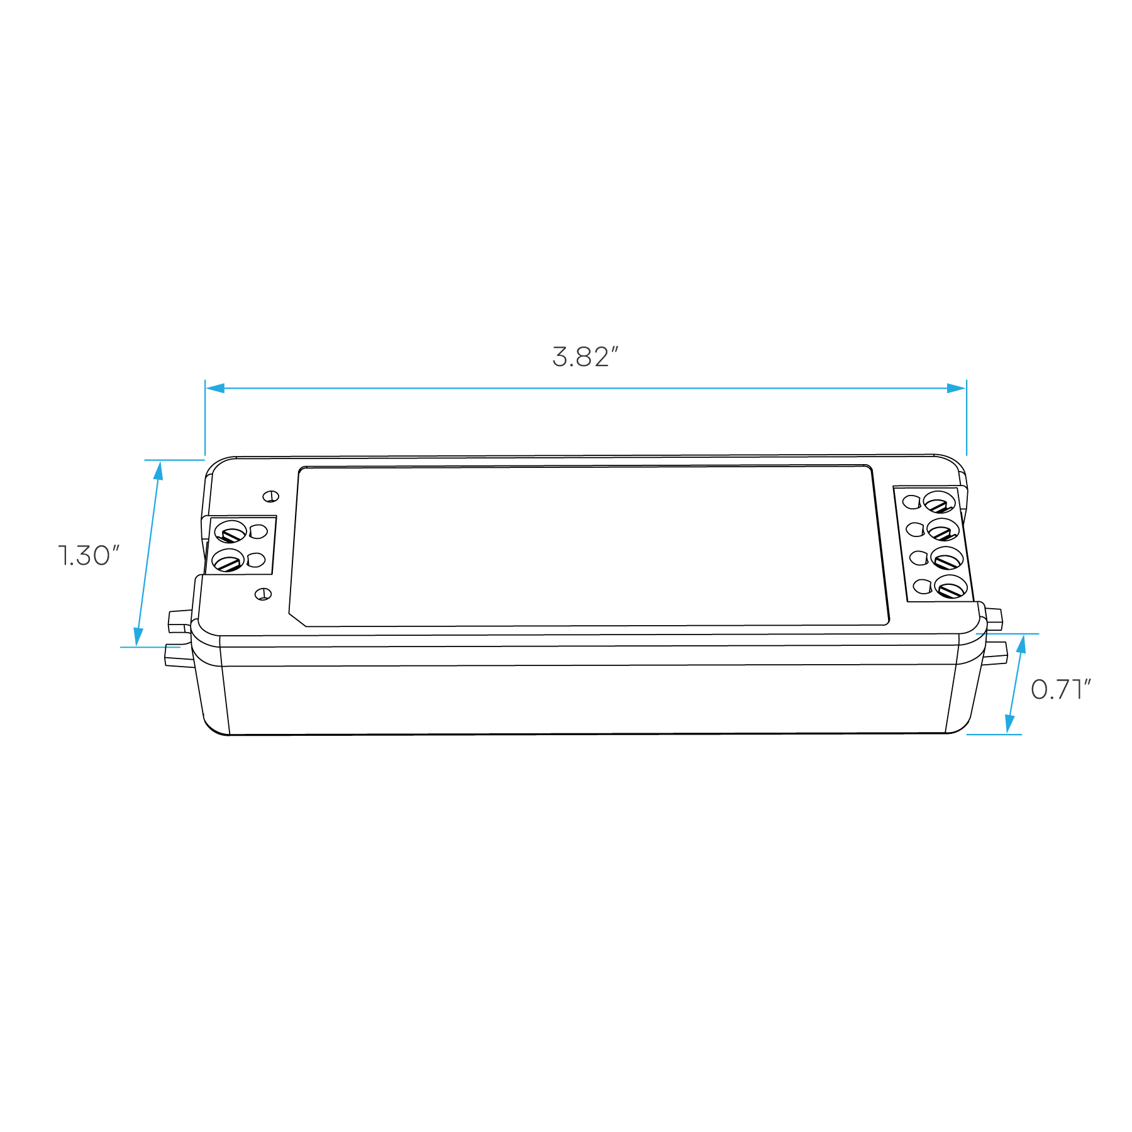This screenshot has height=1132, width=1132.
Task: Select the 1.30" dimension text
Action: click(89, 556)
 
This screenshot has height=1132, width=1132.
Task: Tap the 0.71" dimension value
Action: click(1060, 690)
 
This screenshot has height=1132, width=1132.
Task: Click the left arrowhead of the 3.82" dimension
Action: click(215, 388)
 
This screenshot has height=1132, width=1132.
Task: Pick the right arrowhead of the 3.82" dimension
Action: click(957, 388)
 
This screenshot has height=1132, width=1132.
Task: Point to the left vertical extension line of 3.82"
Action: click(205, 421)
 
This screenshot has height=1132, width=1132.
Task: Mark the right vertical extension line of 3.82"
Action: click(967, 421)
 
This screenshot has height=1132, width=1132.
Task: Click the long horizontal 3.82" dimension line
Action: click(585, 388)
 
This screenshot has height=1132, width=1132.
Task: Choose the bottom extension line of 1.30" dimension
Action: click(150, 646)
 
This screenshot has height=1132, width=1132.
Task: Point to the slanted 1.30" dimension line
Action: click(148, 553)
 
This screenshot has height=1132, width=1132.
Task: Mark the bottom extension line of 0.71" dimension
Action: click(994, 735)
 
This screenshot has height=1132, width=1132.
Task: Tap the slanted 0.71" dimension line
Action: click(1015, 684)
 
